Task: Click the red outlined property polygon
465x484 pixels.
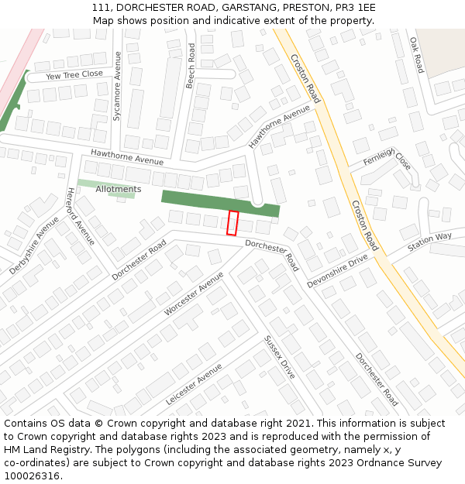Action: [x=232, y=222]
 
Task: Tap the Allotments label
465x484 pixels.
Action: [x=118, y=189]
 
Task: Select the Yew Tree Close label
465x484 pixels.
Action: [x=74, y=75]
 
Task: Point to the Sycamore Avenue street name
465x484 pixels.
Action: [x=117, y=85]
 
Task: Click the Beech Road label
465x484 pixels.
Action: [x=191, y=65]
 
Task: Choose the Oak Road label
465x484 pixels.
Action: [x=415, y=54]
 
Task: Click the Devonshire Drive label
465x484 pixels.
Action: [x=337, y=270]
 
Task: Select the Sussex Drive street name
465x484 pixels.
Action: [x=279, y=356]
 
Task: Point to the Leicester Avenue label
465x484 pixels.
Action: [x=194, y=384]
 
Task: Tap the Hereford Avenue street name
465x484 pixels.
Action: [x=80, y=216]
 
